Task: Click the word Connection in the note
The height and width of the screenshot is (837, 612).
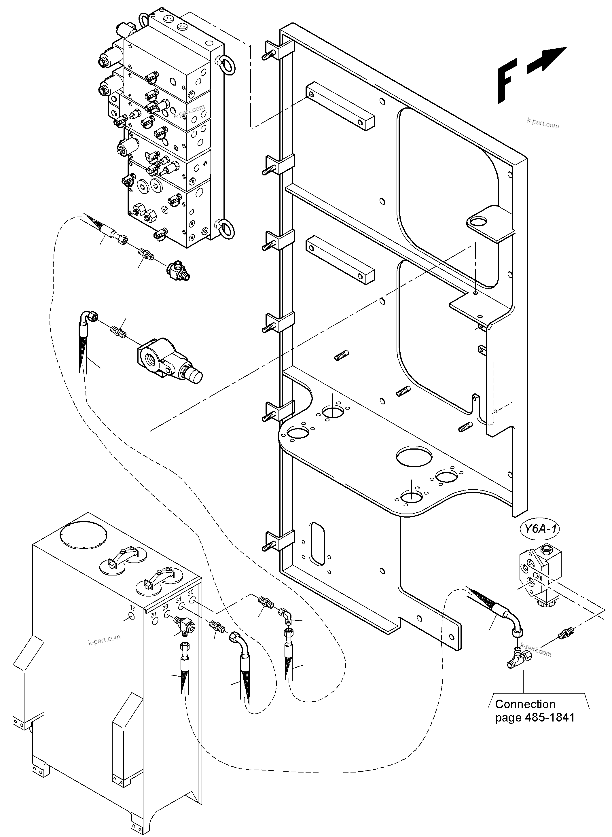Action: click(x=525, y=704)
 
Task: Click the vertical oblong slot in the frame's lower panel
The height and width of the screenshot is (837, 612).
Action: click(x=317, y=544)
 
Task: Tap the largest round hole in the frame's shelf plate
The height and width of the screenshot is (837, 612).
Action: click(x=414, y=457)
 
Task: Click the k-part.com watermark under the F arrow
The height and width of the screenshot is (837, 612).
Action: click(x=542, y=123)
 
